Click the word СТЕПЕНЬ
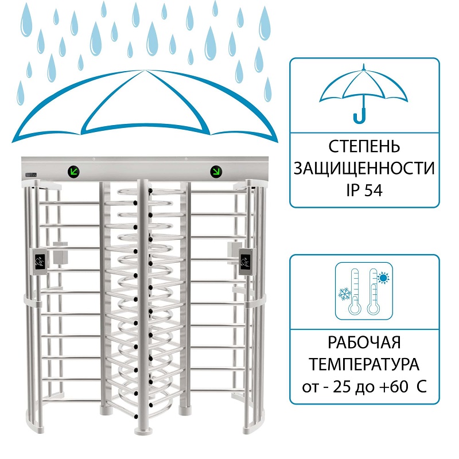coord(364,146)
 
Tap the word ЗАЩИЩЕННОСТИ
coord(364,168)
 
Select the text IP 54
coord(364,190)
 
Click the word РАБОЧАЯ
coord(364,342)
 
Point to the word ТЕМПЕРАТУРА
coord(364,364)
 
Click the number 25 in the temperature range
coord(342,387)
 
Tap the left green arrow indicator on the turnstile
coord(74,171)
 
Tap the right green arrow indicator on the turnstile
coord(216,172)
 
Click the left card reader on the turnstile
coord(40,262)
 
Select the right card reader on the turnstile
coord(247,262)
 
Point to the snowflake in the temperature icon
coord(345,294)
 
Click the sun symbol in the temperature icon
coord(383,278)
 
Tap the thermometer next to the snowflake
coord(355,291)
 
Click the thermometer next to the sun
coord(374,291)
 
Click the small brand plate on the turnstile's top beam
coord(31,174)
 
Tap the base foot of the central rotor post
coord(143,431)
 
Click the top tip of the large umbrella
coord(144,70)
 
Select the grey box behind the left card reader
coord(60,254)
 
